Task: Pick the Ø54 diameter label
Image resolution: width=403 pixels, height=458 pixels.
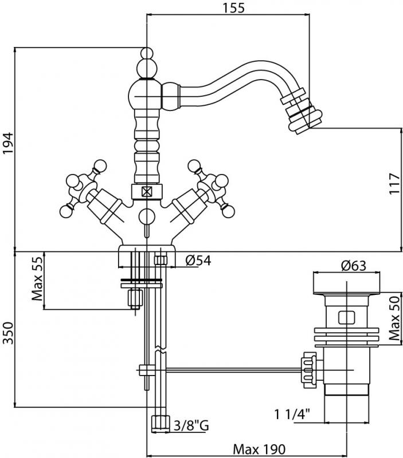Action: click(x=198, y=260)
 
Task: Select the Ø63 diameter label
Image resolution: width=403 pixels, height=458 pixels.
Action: click(x=353, y=265)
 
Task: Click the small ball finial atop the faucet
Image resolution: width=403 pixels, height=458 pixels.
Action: click(x=147, y=56)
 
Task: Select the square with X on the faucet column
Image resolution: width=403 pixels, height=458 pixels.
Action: click(x=147, y=192)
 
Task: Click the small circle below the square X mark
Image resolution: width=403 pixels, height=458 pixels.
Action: click(x=147, y=216)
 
